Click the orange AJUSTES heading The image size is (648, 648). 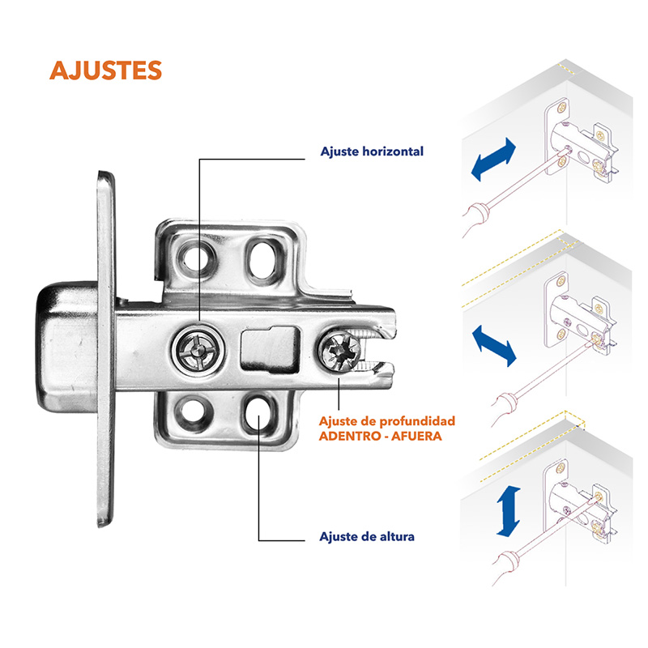(105, 70)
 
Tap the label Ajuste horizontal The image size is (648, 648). (372, 151)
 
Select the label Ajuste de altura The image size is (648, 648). (367, 536)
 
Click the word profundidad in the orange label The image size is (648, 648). (417, 422)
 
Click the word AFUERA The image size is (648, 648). (416, 436)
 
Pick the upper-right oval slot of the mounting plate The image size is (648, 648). (263, 259)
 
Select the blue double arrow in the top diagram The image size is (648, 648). (494, 160)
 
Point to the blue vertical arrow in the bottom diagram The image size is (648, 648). (509, 511)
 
